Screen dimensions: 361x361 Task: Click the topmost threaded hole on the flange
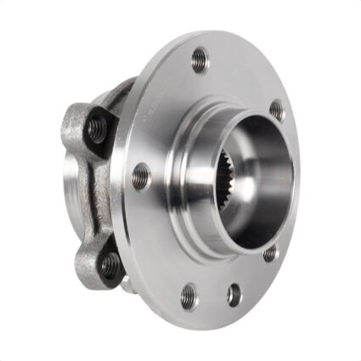(x=200, y=59)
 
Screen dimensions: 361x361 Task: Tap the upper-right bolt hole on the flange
(x=277, y=110)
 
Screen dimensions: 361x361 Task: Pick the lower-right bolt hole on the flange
(x=270, y=252)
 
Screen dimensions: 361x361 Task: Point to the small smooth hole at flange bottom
(x=234, y=294)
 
